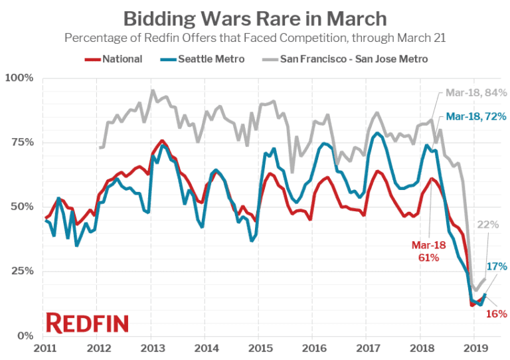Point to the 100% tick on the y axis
tap(19, 78)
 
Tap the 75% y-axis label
tap(22, 143)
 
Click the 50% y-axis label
tap(22, 207)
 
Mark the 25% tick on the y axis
tap(22, 272)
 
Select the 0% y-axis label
tap(25, 336)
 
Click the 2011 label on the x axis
tap(44, 348)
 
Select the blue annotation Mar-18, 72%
tap(476, 116)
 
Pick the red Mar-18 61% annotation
tap(425, 250)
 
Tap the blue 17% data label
tap(497, 266)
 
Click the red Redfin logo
tap(87, 323)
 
